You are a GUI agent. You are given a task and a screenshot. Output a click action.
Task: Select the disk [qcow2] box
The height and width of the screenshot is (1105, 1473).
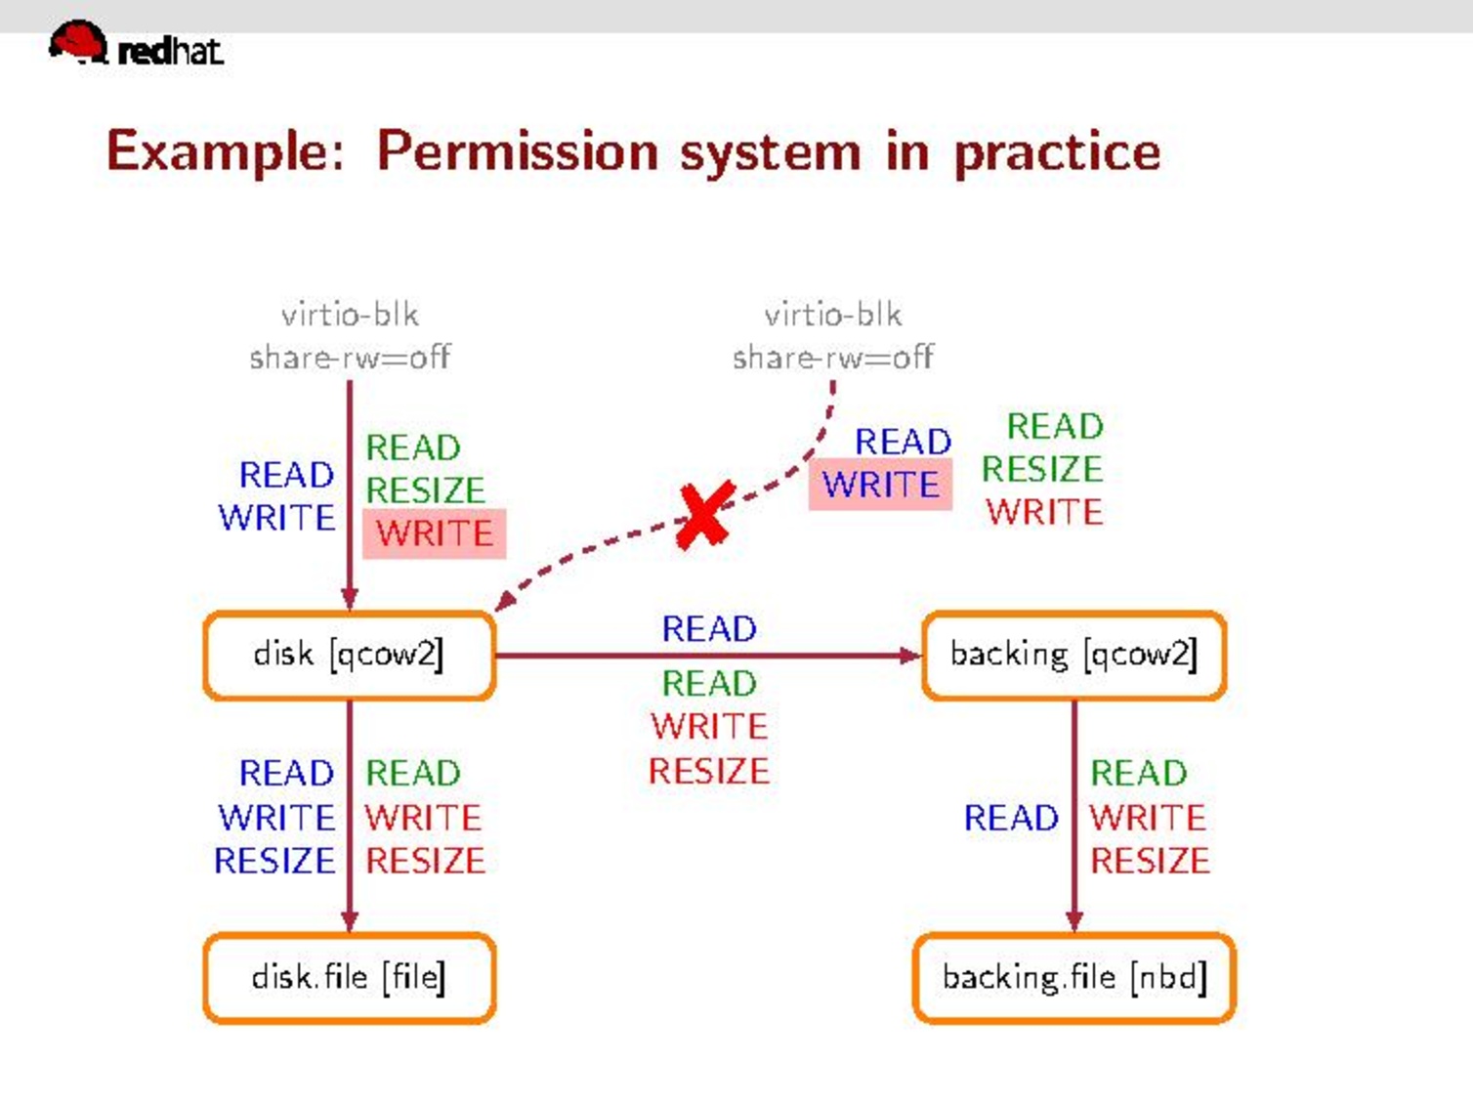coord(349,655)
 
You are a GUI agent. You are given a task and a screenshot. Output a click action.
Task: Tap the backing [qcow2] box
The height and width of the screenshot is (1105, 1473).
coord(1073,655)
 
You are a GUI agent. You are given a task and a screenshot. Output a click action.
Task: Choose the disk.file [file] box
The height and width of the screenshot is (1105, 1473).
coord(349,978)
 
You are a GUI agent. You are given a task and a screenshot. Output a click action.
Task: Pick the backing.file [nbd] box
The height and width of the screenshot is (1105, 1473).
coord(1073,978)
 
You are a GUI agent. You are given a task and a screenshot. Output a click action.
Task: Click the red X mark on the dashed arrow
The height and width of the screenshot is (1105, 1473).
coord(704,515)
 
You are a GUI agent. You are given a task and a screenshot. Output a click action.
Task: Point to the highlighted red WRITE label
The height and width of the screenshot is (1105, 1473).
coord(435,533)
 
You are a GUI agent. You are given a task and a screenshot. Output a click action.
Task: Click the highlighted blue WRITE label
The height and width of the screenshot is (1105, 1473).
coord(880,485)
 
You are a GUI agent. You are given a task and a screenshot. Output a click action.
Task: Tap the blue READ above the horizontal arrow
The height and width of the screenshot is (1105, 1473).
coord(709,629)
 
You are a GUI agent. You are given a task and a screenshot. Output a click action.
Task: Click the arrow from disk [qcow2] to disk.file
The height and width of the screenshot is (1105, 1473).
coord(350,811)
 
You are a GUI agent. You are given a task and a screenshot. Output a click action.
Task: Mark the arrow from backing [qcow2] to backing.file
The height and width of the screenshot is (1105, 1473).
coord(1074,811)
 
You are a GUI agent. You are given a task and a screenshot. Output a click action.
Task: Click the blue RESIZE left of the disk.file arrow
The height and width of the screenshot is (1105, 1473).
coord(274,861)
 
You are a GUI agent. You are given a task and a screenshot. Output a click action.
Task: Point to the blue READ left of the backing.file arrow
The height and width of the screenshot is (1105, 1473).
coord(1011,818)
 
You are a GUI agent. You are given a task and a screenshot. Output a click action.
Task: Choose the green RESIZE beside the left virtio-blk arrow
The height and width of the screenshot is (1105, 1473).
coord(425,489)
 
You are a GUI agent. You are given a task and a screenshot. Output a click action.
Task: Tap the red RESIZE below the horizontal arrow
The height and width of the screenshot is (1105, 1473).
coord(709,771)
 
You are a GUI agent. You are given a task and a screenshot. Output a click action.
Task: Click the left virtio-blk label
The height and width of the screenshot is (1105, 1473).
coord(350,315)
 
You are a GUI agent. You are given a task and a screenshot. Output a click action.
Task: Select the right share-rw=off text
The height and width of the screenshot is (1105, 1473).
coord(832,358)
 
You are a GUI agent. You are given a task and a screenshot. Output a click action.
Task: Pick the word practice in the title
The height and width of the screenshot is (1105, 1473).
coord(1057,151)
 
